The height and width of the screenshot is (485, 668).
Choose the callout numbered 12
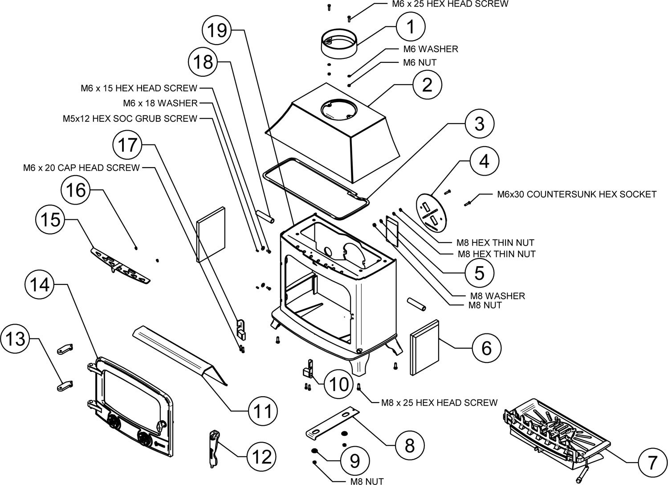[x=261, y=456]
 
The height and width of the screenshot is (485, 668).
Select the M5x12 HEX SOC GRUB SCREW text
[x=130, y=119]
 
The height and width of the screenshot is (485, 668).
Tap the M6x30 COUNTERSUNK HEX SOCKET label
[x=576, y=194]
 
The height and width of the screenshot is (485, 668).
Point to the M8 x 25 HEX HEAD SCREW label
[x=439, y=403]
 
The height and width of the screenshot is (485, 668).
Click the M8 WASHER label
[x=497, y=296]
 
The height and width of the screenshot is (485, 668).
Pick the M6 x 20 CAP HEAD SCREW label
[x=81, y=168]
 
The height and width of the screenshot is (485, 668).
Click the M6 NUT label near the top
[x=420, y=63]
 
